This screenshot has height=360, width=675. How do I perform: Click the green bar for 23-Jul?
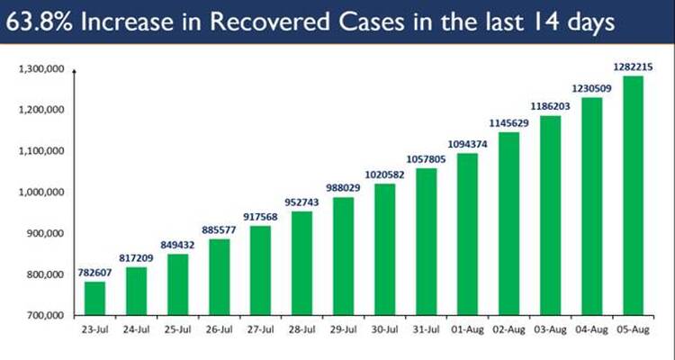tap(94, 299)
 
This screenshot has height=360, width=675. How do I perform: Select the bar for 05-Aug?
tap(634, 195)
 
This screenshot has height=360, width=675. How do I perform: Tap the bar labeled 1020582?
tap(385, 249)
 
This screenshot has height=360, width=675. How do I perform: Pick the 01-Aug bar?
tap(467, 234)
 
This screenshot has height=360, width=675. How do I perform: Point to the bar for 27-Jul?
tap(260, 270)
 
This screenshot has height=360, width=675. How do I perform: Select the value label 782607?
tap(94, 273)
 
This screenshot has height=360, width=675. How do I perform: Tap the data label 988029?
tap(343, 188)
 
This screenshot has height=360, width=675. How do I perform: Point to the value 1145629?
tap(508, 123)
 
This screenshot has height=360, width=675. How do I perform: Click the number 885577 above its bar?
tap(219, 230)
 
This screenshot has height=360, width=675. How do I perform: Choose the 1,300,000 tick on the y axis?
tap(41, 69)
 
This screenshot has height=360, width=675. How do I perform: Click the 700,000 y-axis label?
tap(47, 315)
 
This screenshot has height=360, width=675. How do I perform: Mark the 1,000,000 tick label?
tap(41, 192)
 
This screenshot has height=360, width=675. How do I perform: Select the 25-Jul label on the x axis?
tap(178, 330)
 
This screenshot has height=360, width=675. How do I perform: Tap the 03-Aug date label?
tap(550, 330)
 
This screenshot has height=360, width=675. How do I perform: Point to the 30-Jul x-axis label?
tap(385, 330)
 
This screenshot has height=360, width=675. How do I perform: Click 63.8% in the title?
tap(40, 22)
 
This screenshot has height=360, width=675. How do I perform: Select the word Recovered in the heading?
tap(265, 22)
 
